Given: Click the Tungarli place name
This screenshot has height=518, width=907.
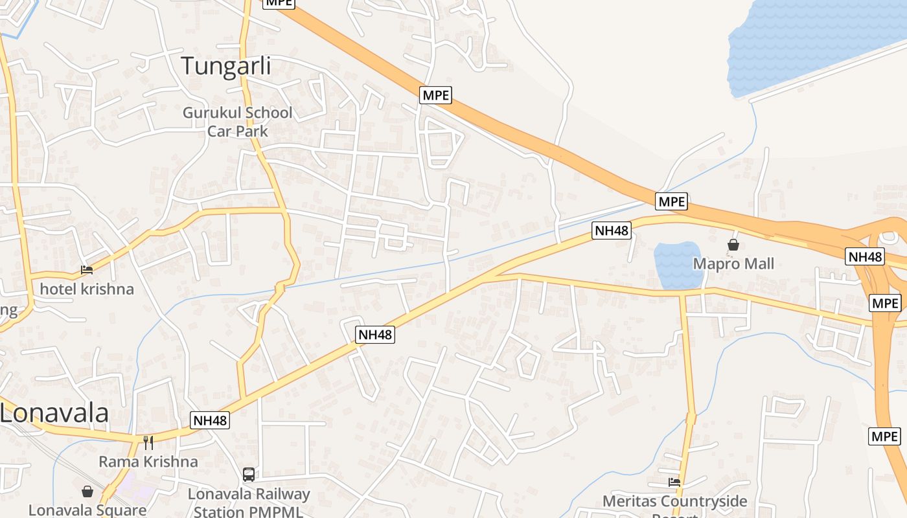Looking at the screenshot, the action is pos(225,67).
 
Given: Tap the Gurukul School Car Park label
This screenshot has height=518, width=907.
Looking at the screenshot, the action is pos(237,122).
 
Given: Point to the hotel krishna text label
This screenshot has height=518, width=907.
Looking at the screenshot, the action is pos(87,289).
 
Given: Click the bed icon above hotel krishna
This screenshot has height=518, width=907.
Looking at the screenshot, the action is pos(87,269).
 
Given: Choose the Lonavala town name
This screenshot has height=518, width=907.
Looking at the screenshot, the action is pos(54,412).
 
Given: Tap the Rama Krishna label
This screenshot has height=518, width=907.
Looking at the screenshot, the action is pos(148,462).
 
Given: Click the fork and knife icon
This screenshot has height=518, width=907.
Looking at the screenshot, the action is pos(148,443).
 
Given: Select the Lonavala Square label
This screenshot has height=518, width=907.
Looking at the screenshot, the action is pos(87,510).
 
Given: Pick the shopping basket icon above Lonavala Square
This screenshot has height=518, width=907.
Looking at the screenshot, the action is pos(87,491).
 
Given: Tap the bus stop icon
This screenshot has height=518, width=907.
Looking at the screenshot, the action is pos(249,475).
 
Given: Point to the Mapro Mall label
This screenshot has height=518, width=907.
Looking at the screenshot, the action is pos(733,264).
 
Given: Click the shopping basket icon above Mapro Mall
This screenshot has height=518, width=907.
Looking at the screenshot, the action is pos(733,245).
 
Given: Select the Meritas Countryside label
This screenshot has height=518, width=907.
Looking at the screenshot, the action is pos(674,501).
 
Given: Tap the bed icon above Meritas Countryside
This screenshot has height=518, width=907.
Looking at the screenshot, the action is pos(674,482).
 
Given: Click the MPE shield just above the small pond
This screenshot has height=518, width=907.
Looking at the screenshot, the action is pos(671,201).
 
